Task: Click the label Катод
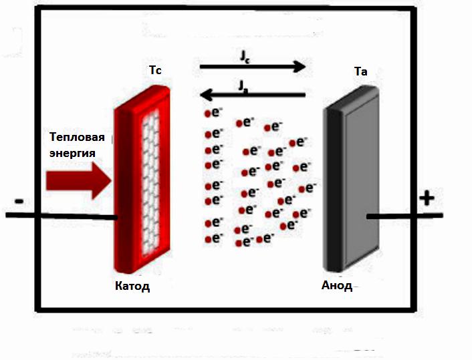point(132,286)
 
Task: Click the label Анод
point(337,285)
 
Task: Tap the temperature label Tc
point(155,70)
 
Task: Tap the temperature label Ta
point(360,71)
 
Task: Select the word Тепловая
point(77,137)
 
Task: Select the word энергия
point(72,153)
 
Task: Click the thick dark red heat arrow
point(79,181)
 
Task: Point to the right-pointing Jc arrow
point(253,67)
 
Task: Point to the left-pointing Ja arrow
point(253,96)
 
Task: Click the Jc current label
point(245,56)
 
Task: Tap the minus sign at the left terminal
point(19,201)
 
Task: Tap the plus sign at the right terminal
point(427,198)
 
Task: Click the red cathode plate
point(142,179)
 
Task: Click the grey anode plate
point(351,178)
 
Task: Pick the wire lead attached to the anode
point(404,216)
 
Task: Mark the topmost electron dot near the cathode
point(207,114)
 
